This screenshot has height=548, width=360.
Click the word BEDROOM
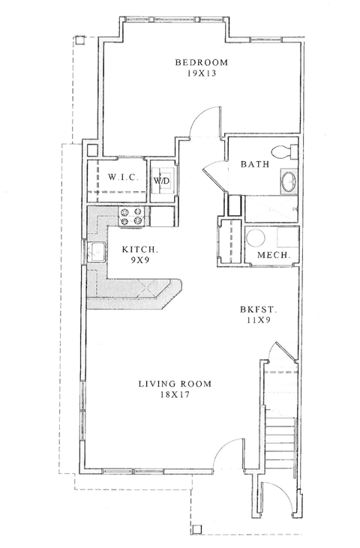click(x=201, y=62)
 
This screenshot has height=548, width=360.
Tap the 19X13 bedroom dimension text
click(x=201, y=74)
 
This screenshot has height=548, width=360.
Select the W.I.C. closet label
click(x=121, y=178)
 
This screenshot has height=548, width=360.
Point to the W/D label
click(x=161, y=181)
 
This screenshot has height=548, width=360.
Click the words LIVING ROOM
click(x=175, y=384)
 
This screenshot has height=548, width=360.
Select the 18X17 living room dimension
click(x=175, y=396)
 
